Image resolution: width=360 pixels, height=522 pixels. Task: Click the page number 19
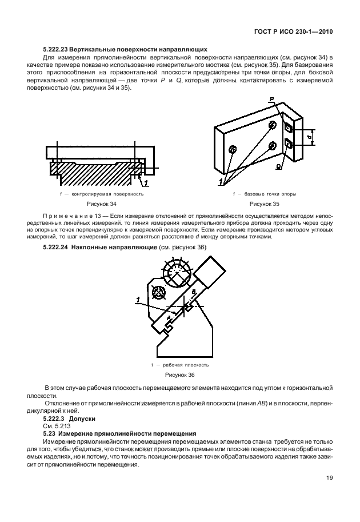329,478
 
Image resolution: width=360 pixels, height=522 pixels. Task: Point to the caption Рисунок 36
180,374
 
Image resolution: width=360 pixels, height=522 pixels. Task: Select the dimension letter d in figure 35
309,137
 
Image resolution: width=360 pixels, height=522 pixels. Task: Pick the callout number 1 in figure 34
146,183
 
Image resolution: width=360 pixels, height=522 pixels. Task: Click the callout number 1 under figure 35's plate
221,182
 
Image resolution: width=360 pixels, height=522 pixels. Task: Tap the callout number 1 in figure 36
138,298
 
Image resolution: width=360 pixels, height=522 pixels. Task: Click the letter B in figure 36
194,292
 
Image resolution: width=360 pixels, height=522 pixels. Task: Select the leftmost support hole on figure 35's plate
232,150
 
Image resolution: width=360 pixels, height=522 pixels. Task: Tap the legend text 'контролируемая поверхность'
104,194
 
